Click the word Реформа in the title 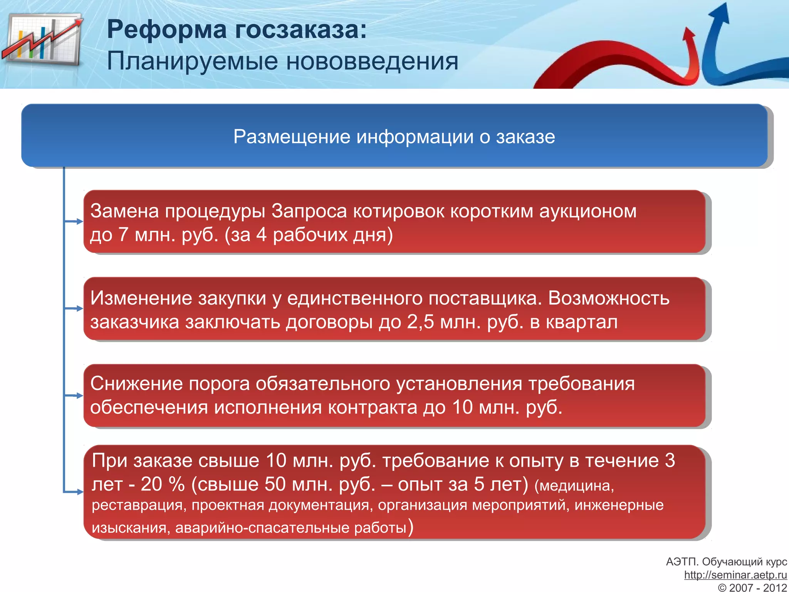166,30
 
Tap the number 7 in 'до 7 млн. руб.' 123,235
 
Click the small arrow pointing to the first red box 78,222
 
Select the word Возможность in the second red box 609,298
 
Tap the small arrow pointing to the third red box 78,396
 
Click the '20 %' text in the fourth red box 163,484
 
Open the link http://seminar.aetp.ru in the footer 735,575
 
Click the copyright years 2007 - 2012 757,587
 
